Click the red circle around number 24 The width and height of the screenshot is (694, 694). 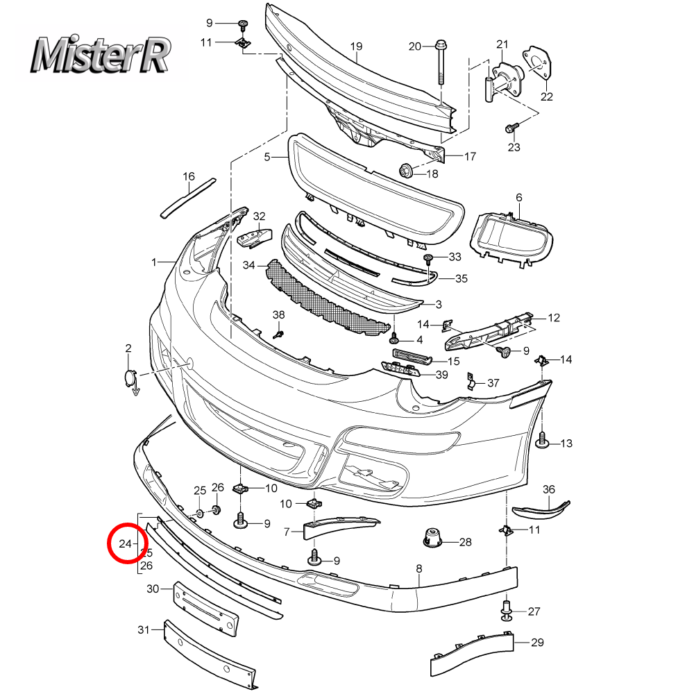126,543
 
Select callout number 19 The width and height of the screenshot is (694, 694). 356,47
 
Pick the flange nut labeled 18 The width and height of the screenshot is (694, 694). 406,170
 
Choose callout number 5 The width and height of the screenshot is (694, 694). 266,158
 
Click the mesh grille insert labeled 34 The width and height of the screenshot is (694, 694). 326,298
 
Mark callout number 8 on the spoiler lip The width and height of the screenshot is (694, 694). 418,569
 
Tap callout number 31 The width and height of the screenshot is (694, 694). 144,630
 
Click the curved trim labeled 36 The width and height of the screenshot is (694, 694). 541,510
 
